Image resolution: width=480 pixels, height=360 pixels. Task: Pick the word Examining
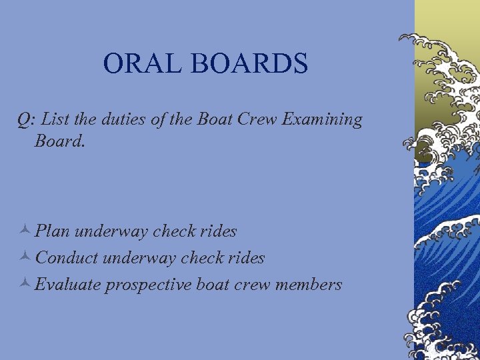pos(323,120)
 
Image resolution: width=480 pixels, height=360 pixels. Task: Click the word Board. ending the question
pos(60,141)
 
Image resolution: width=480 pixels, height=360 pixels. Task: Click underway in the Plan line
pos(111,232)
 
